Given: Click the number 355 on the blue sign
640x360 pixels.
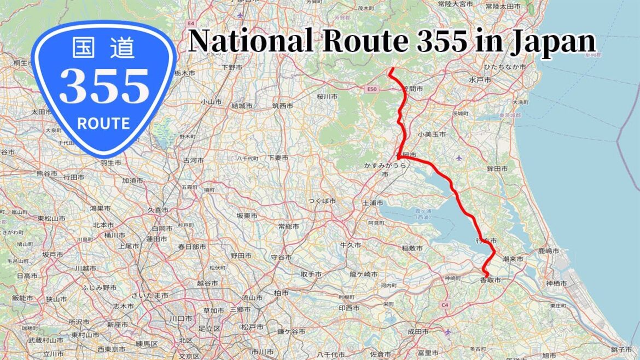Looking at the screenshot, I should pos(104,86).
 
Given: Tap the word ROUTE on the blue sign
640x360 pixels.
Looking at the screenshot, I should pos(104,123).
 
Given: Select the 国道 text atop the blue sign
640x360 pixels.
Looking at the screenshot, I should pos(104,49).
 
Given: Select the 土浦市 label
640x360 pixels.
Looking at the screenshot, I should pos(373,203).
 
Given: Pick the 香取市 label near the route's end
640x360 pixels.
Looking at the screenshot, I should pos(490,280).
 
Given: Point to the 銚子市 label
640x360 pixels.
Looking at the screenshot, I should pos(622,349).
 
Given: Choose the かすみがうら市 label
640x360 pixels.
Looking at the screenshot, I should pos(384,168).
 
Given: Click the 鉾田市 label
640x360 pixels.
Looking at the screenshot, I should pos(497,170).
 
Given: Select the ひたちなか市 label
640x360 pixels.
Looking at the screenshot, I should pos(504,67).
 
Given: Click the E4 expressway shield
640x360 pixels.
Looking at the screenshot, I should pos(191,24).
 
